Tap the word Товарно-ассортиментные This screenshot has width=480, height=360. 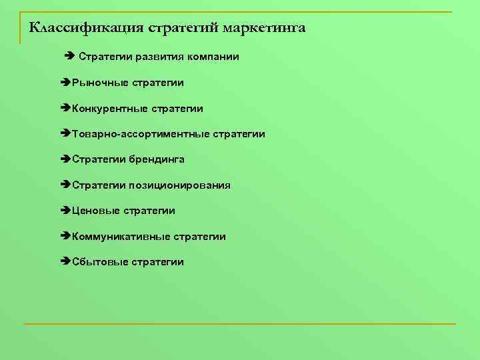[x=141, y=134]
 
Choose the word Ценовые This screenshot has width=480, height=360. [x=91, y=211]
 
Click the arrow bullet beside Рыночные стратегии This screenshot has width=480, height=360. [x=65, y=83]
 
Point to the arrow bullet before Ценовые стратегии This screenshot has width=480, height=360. [x=65, y=211]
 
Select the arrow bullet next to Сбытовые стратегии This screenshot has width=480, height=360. [x=65, y=262]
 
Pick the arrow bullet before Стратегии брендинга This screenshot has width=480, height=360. [x=65, y=159]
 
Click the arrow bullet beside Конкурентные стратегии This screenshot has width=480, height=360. [x=65, y=108]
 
